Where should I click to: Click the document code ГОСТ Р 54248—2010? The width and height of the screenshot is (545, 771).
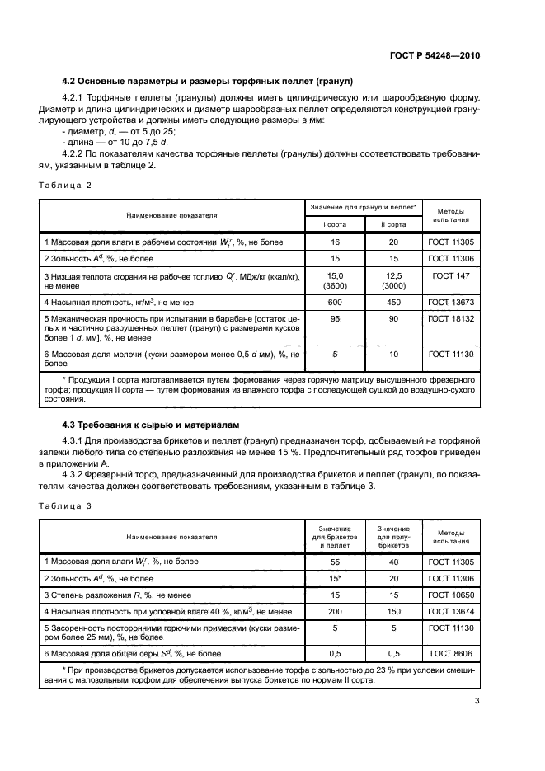pyautogui.click(x=436, y=56)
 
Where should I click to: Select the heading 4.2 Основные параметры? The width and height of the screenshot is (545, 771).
pyautogui.click(x=208, y=81)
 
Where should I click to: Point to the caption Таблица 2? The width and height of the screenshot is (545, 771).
pyautogui.click(x=65, y=185)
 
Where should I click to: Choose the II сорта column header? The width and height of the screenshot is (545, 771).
pyautogui.click(x=392, y=223)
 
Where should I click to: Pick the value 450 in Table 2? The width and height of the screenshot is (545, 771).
pyautogui.click(x=392, y=302)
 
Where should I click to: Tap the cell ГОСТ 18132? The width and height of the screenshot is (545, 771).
pyautogui.click(x=449, y=318)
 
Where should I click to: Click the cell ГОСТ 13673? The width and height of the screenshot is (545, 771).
pyautogui.click(x=449, y=302)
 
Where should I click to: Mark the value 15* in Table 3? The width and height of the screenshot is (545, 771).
pyautogui.click(x=335, y=578)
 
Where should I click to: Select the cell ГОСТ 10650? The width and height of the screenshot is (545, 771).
pyautogui.click(x=449, y=595)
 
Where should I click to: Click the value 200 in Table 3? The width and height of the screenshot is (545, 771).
pyautogui.click(x=335, y=611)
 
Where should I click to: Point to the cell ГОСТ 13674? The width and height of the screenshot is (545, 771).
pyautogui.click(x=449, y=611)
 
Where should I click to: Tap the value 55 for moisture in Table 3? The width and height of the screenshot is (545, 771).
pyautogui.click(x=335, y=562)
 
